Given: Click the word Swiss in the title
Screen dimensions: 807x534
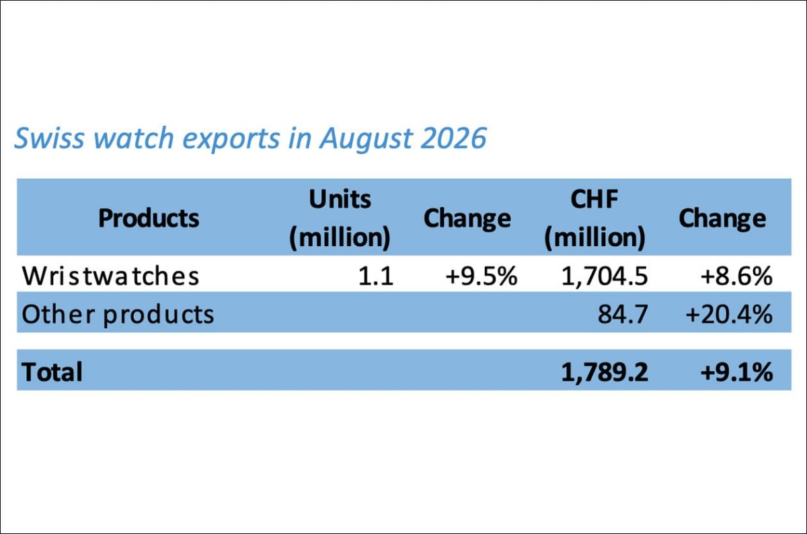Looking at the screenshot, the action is tap(49, 138).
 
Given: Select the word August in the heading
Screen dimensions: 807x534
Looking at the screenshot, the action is tap(365, 139).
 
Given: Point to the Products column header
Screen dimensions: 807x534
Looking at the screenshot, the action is tap(149, 218).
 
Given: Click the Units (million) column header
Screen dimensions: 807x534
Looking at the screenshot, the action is tap(340, 219).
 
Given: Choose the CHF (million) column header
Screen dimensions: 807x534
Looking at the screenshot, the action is tap(594, 219).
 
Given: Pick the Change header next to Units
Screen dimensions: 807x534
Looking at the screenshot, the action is tap(467, 219).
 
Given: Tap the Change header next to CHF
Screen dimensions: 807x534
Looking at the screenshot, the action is tap(722, 219).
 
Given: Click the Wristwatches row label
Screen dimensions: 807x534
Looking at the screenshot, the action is tap(110, 276).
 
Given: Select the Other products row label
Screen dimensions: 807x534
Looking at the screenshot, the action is tap(118, 315).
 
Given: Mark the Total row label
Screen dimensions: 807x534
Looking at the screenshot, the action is tap(52, 371).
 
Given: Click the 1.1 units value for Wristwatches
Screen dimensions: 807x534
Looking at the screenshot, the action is tap(376, 276).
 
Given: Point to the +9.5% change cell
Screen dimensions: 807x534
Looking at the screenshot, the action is tap(482, 276).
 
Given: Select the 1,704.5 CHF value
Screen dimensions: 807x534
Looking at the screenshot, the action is tap(605, 276).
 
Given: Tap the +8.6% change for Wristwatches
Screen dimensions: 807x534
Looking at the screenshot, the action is tap(736, 276).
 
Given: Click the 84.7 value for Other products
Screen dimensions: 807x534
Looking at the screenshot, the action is tap(623, 314).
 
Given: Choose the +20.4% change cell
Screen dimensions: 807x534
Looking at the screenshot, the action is tap(729, 314).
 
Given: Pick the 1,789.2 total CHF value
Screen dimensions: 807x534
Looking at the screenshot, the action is tap(605, 372).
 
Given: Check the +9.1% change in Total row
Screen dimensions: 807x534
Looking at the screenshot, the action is tap(736, 371).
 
